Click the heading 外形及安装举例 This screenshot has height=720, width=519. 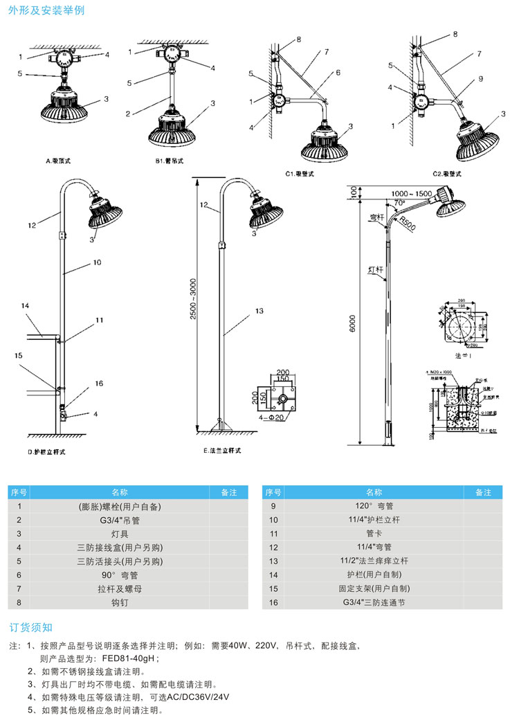(x=47, y=12)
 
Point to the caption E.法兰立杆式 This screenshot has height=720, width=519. (x=223, y=451)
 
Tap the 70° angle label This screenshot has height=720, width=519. (x=399, y=204)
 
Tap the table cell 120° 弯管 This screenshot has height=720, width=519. (x=374, y=507)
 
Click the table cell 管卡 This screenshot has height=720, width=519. (x=374, y=534)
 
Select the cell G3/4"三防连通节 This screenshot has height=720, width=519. (x=374, y=602)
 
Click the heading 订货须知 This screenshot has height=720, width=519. (x=31, y=628)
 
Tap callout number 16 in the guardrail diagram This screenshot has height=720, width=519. (x=99, y=384)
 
